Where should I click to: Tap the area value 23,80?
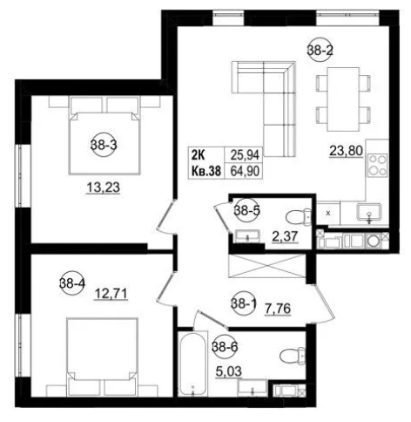coord(346,151)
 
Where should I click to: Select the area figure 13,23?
coord(104,187)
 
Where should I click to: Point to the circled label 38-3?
coord(104,145)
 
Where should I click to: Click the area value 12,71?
coord(111,294)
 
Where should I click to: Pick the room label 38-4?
coord(72,282)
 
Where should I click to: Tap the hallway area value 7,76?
coord(278,309)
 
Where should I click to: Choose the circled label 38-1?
coord(244,303)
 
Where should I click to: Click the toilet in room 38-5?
coord(299,216)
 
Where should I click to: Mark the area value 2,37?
coord(285,236)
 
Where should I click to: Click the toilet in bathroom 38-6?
coord(293,355)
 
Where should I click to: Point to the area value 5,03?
coord(229,371)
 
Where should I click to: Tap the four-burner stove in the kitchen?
coord(377,165)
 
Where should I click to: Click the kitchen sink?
coord(369,212)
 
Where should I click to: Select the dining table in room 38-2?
coord(343,99)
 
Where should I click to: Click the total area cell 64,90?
coord(245,171)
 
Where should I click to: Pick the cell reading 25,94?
coord(245,155)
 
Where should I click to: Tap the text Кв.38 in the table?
coord(206,171)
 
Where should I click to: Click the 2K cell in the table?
coord(198,155)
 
